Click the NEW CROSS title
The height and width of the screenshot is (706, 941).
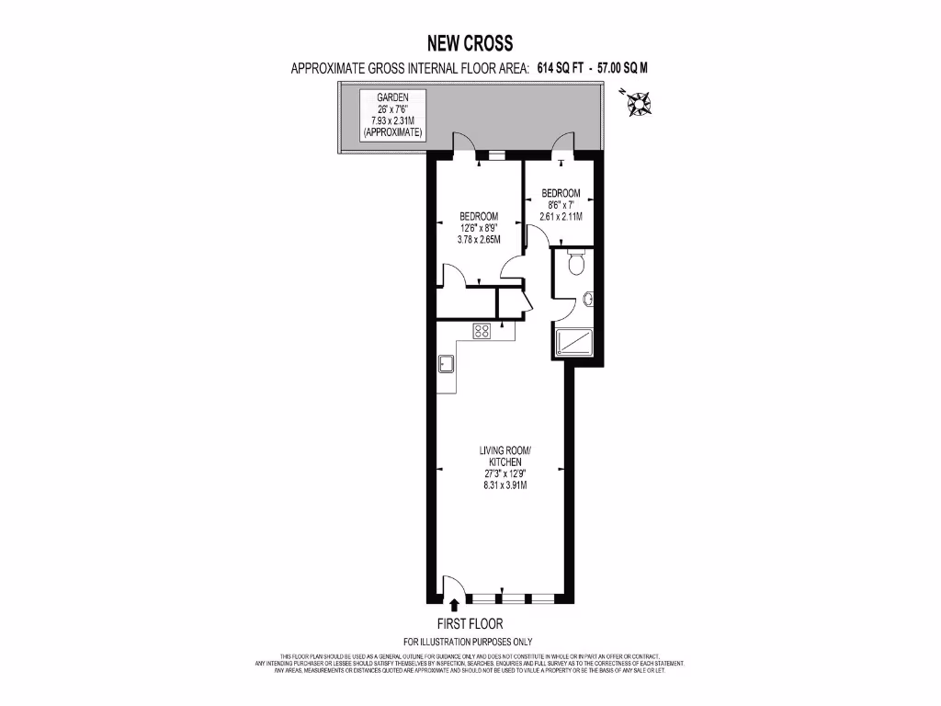click(470, 43)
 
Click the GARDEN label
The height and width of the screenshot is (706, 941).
click(392, 97)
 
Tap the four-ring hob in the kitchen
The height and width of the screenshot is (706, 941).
click(482, 331)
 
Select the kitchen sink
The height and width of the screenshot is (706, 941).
click(448, 364)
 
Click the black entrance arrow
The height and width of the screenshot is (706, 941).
click(454, 604)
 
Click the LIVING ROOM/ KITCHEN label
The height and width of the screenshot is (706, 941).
click(505, 456)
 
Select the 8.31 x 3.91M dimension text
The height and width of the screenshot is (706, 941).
click(505, 485)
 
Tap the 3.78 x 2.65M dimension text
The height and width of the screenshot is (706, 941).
click(480, 239)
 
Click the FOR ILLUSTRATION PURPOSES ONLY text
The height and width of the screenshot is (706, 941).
click(469, 642)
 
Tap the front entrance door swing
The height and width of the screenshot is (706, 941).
click(452, 586)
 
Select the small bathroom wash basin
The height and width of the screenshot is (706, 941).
click(587, 298)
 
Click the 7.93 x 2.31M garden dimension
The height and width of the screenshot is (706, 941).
click(392, 120)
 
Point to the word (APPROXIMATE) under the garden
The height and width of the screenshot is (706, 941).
click(392, 132)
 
